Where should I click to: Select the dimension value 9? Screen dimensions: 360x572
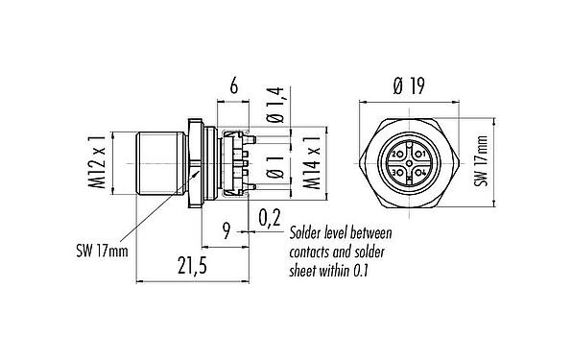(226, 229)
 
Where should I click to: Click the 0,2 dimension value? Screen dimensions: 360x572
(270, 219)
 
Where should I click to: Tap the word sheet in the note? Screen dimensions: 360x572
(306, 271)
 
